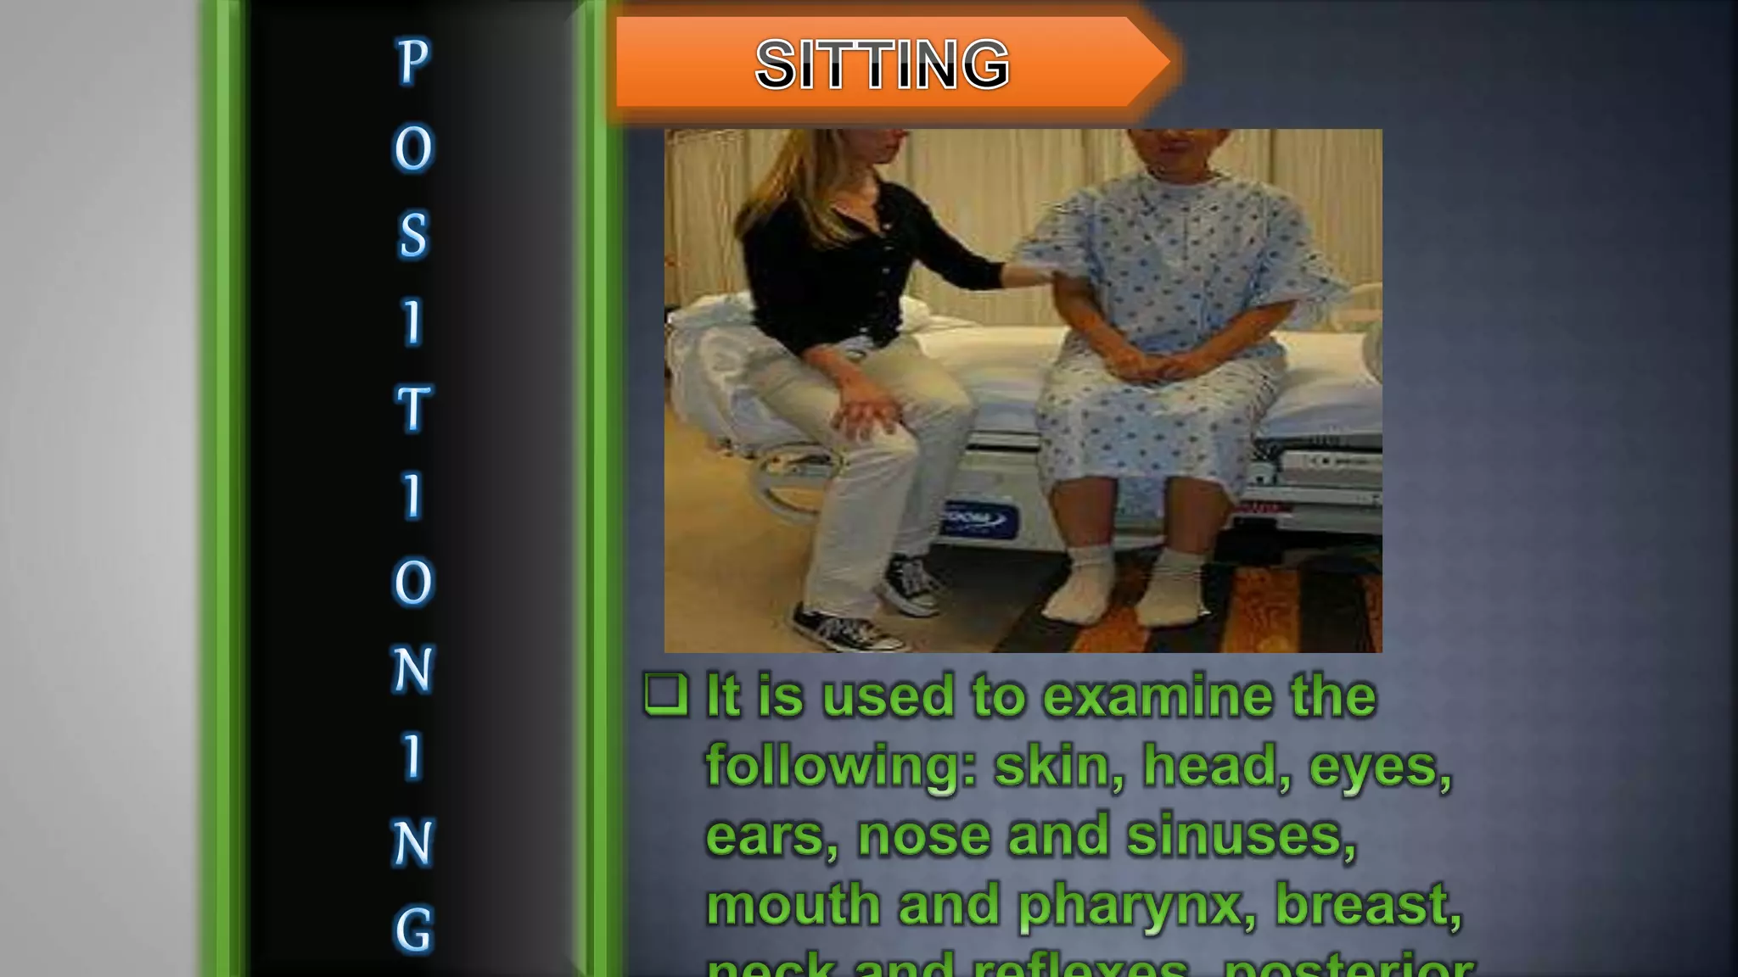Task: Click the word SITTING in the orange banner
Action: (x=882, y=64)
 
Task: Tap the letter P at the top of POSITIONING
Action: (x=413, y=61)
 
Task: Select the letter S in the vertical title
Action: (x=413, y=235)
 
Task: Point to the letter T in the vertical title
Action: (x=413, y=409)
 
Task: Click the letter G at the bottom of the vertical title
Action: (x=413, y=930)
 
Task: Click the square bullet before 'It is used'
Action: (x=665, y=695)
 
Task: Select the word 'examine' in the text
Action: (x=1158, y=697)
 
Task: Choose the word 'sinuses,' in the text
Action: (x=1242, y=836)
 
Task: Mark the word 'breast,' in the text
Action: (x=1368, y=904)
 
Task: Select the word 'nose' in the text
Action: (x=924, y=836)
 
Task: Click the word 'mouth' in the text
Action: (x=793, y=905)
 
